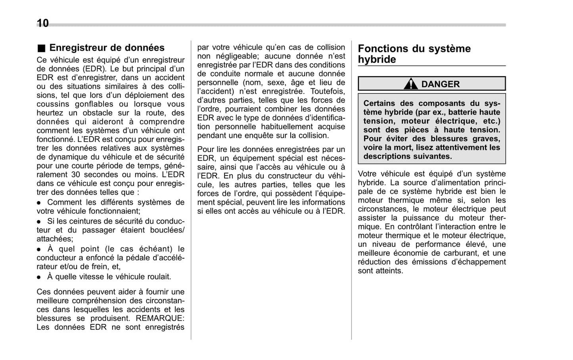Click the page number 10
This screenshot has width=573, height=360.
coord(42,23)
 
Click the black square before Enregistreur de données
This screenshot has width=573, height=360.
coord(42,48)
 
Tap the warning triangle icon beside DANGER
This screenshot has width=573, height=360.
coord(411,84)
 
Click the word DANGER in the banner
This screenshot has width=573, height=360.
coord(440,84)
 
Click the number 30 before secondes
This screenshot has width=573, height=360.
coord(76,175)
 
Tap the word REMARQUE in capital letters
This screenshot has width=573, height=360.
coord(159,318)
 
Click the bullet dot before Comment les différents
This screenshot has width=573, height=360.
coord(39,203)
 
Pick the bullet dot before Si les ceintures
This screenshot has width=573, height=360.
coord(39,222)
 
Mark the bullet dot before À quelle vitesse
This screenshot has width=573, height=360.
coord(39,277)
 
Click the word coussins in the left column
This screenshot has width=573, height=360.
coord(52,104)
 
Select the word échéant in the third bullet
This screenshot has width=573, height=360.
coord(156,249)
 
